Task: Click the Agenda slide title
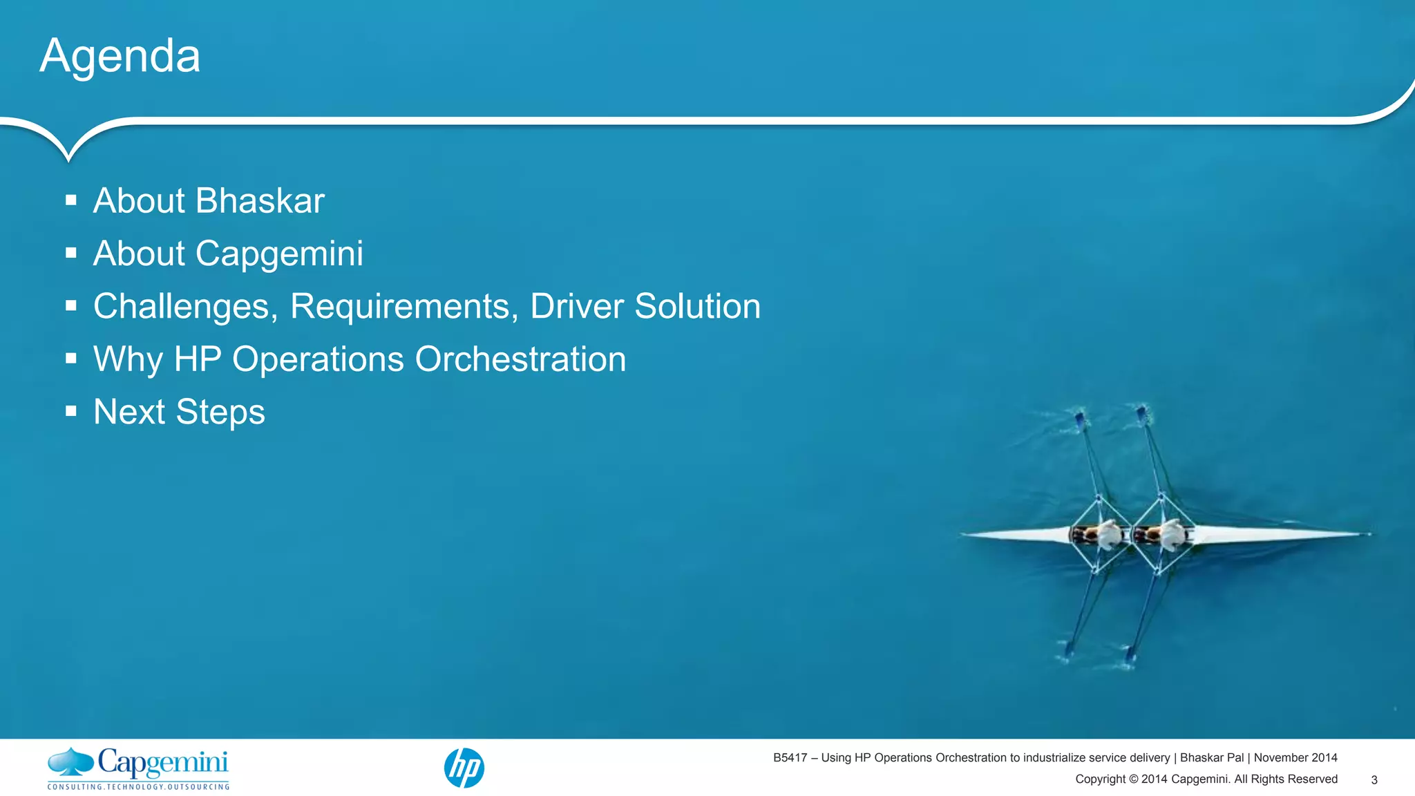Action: pos(120,56)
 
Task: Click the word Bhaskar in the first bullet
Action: pos(260,201)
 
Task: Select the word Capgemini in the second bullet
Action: pos(279,254)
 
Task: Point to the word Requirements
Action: pos(404,306)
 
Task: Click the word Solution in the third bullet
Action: pos(697,306)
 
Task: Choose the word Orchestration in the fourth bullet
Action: pos(520,359)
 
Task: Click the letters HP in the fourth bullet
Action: pos(198,359)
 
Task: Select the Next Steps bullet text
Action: pos(179,412)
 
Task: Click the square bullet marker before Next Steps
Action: pos(71,411)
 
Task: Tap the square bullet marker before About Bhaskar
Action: pos(71,200)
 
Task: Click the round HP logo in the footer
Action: pos(464,768)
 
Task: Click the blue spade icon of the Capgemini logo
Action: pos(70,761)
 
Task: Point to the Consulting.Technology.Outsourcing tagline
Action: pos(138,786)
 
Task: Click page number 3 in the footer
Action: pos(1374,779)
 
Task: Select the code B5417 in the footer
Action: pos(790,758)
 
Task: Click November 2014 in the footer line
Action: pos(1295,758)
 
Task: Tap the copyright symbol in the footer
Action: pos(1133,779)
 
